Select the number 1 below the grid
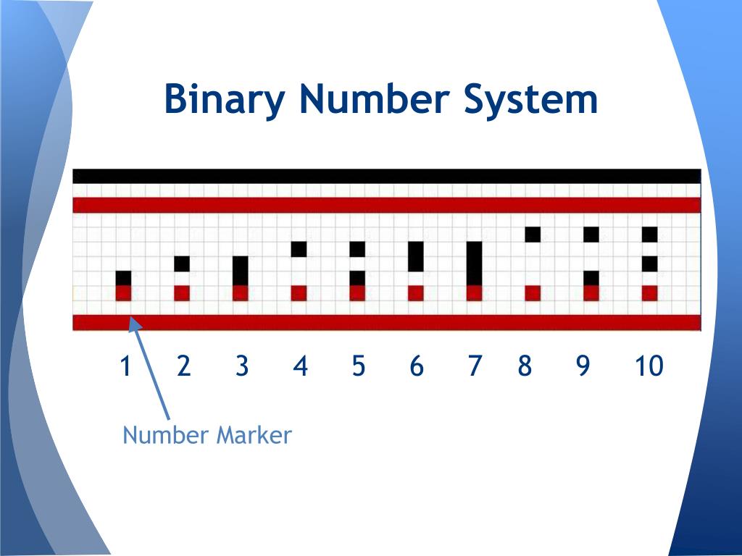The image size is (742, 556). (125, 366)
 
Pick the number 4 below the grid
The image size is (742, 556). (300, 366)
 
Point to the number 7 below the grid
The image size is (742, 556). (474, 366)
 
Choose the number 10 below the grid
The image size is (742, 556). (649, 366)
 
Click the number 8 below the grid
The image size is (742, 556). (525, 366)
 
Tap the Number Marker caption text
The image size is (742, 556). (207, 436)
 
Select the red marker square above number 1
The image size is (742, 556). (124, 292)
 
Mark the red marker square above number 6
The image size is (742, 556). (416, 292)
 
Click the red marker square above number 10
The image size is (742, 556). (649, 292)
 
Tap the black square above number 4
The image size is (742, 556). (299, 249)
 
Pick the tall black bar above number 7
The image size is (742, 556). (474, 264)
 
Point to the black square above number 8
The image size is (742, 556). (533, 235)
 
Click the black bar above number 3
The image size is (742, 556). (241, 271)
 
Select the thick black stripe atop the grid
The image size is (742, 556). (387, 176)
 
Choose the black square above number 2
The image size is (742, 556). (182, 264)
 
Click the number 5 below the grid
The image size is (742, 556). (358, 366)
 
